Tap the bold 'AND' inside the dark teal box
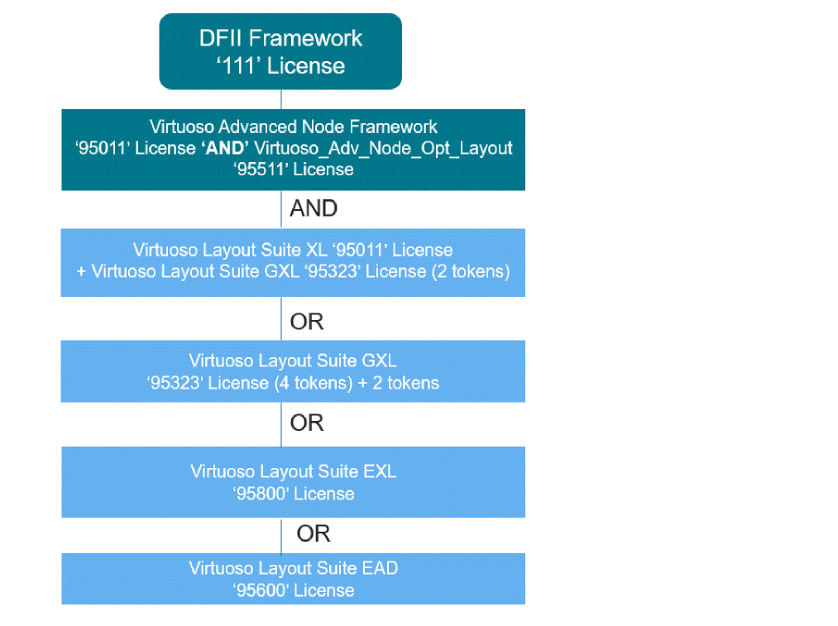pyautogui.click(x=226, y=148)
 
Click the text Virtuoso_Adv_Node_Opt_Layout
pyautogui.click(x=384, y=148)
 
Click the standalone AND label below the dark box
pyautogui.click(x=314, y=209)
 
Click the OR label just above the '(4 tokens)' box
pyautogui.click(x=307, y=322)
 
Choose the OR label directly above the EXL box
pyautogui.click(x=307, y=423)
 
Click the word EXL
pyautogui.click(x=380, y=471)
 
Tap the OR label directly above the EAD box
pyautogui.click(x=314, y=534)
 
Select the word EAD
pyautogui.click(x=381, y=568)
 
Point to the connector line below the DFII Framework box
pyautogui.click(x=281, y=99)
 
